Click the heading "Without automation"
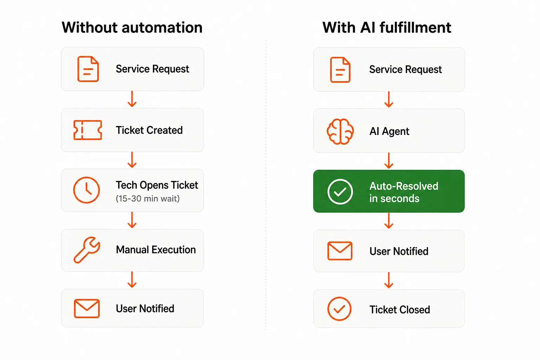[132, 27]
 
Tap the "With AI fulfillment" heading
[387, 27]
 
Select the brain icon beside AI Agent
[340, 131]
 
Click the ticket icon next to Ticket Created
[88, 130]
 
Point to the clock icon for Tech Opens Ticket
[86, 190]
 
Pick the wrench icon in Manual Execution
[87, 250]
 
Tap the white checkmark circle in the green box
[340, 192]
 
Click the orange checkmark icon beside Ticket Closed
[339, 309]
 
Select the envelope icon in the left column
[87, 309]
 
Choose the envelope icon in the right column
[340, 251]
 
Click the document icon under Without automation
[88, 69]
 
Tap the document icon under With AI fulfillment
[340, 70]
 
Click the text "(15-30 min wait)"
[148, 199]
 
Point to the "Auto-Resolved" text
[404, 186]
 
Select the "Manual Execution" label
[156, 250]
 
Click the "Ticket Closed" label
[400, 310]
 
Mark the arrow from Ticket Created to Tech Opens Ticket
[132, 160]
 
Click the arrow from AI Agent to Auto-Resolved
[389, 161]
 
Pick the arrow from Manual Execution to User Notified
[132, 279]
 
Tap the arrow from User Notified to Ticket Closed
[389, 280]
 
